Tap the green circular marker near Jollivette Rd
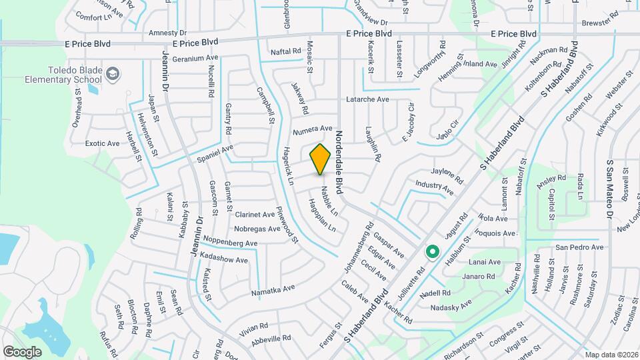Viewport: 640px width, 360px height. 432,252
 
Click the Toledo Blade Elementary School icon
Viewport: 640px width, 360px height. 113,72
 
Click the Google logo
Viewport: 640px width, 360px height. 22,351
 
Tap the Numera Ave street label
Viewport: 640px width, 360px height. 312,128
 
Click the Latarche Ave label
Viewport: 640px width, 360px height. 367,99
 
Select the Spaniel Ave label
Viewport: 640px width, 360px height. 214,154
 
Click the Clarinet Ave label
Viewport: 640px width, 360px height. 255,215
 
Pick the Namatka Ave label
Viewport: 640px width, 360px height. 273,290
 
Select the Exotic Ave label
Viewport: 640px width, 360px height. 103,143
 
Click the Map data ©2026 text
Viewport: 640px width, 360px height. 609,355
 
